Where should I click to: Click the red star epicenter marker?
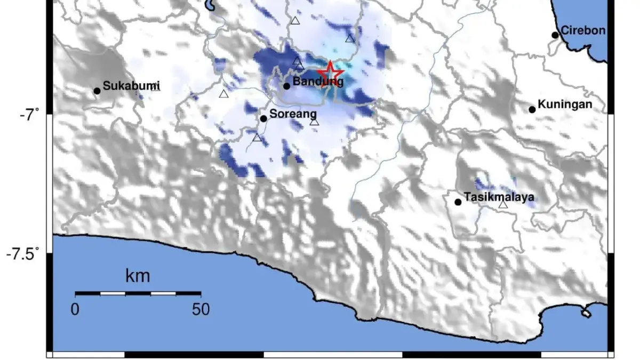click(331, 72)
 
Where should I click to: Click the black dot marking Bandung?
click(287, 86)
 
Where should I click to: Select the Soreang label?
click(293, 114)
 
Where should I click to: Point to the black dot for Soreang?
click(263, 118)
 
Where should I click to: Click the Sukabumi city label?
click(131, 86)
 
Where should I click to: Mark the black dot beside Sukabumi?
click(97, 91)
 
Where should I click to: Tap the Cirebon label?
click(583, 30)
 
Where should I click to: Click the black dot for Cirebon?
click(555, 35)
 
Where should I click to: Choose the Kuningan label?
click(565, 105)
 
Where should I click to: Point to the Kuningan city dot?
click(532, 110)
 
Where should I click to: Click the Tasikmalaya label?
click(499, 197)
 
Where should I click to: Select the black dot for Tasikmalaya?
click(458, 202)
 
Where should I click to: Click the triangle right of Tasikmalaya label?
click(503, 204)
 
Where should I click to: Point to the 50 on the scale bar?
click(200, 309)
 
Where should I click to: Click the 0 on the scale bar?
click(75, 309)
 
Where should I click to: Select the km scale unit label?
click(138, 276)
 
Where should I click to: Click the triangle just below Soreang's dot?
click(257, 138)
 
